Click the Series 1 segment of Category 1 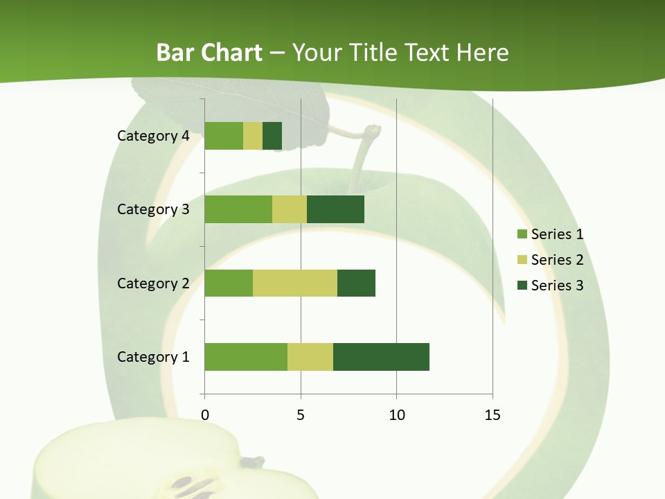click(245, 357)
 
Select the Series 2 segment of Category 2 click(294, 283)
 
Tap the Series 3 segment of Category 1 click(381, 357)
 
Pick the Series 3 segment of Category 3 click(335, 209)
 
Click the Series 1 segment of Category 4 click(223, 136)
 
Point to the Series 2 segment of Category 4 click(252, 136)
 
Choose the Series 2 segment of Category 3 click(289, 209)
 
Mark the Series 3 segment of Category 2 click(356, 283)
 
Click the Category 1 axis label click(152, 357)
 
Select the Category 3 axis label click(152, 209)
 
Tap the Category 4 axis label click(152, 136)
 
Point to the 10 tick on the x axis click(396, 415)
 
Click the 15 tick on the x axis click(492, 415)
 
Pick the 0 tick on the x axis click(204, 415)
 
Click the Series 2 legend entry click(557, 260)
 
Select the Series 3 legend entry click(557, 286)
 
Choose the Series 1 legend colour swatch click(522, 234)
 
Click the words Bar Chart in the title click(209, 53)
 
